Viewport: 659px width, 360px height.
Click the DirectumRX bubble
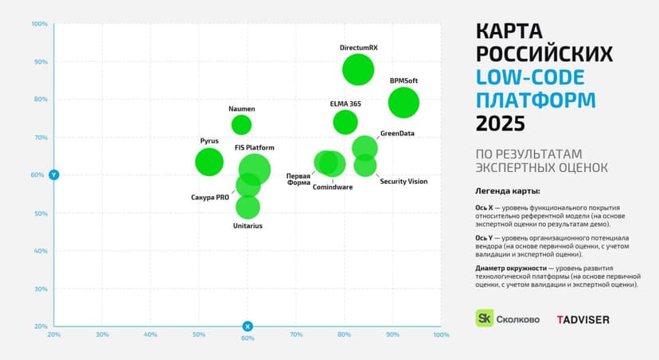(358, 70)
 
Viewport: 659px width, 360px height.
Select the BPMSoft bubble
(404, 102)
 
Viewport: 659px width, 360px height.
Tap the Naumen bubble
(241, 124)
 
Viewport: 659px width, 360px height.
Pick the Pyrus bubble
(209, 162)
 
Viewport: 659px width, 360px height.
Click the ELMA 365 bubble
(345, 122)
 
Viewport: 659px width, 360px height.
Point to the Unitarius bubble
(248, 207)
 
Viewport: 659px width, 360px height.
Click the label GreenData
(397, 134)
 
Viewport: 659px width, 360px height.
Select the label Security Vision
(404, 182)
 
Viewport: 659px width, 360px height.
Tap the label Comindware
(333, 187)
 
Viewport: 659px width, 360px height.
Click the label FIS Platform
(255, 148)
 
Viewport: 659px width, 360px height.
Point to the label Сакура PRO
(210, 198)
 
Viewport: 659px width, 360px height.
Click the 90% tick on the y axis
(40, 62)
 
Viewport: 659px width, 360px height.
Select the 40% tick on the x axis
(150, 335)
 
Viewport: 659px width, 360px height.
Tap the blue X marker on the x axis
(248, 326)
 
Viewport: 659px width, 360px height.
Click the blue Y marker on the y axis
(54, 174)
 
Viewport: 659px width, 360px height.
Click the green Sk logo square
(484, 318)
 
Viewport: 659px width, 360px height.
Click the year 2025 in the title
(501, 123)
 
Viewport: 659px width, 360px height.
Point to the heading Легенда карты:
(507, 191)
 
